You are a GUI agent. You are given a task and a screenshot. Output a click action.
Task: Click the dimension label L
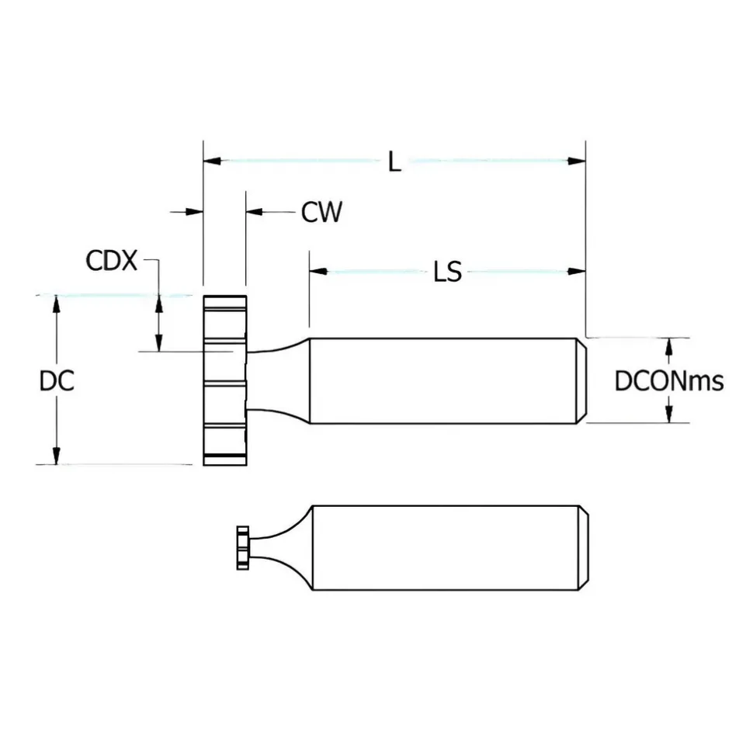pos(394,161)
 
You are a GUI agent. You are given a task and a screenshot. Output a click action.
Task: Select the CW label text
pos(321,212)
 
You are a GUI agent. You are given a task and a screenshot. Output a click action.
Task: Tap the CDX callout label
pos(112,261)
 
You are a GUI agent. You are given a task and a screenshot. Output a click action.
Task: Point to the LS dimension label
pos(448,272)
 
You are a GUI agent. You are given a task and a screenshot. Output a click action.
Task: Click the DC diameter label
pos(57,381)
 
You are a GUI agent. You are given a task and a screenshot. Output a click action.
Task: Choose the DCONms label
pos(669,381)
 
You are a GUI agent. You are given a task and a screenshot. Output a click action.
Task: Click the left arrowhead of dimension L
pos(212,161)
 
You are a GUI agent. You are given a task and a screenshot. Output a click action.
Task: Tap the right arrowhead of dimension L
pos(577,161)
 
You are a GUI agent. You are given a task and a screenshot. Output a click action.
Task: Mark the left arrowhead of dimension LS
pos(318,272)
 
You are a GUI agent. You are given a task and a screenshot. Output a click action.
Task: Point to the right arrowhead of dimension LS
pos(577,272)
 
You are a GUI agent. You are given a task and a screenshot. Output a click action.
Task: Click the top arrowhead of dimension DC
pos(56,304)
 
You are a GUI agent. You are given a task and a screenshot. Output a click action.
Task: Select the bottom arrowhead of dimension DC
pos(56,456)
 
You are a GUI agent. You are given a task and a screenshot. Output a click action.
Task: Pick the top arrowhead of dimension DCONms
pos(668,347)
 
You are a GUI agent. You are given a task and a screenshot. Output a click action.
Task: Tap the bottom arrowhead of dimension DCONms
pos(668,414)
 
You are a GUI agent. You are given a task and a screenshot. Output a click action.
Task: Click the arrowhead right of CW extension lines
pos(255,211)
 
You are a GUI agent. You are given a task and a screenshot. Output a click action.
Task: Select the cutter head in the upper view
pos(225,380)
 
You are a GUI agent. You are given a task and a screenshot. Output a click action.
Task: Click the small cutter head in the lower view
pos(243,548)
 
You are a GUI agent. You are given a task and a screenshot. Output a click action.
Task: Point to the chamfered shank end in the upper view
pos(581,381)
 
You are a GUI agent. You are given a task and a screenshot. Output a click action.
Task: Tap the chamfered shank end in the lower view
pos(584,547)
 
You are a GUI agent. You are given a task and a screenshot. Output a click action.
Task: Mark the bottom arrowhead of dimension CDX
pos(158,343)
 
